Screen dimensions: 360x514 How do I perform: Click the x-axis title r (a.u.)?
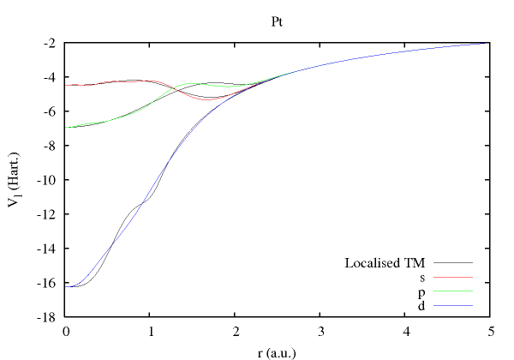coord(278,351)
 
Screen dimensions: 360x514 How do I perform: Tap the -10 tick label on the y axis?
coord(48,180)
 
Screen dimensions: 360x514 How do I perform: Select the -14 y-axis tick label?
coord(48,249)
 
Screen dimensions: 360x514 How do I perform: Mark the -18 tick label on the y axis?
coord(48,317)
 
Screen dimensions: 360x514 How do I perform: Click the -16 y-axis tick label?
coord(48,283)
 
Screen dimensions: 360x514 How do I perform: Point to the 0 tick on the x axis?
coord(65,331)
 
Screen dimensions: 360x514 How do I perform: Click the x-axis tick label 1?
coord(150,331)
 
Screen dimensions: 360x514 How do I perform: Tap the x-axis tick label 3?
coord(320,331)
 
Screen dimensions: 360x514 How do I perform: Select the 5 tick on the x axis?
coord(489,331)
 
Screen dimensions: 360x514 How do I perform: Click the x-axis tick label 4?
coord(404,331)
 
